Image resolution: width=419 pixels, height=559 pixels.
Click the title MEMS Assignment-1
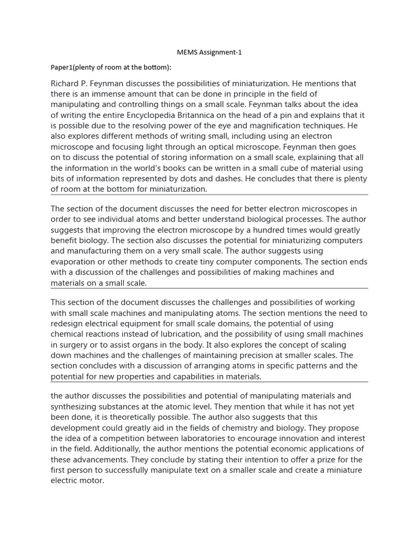pyautogui.click(x=209, y=52)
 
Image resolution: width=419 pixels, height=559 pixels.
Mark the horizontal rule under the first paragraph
pyautogui.click(x=209, y=195)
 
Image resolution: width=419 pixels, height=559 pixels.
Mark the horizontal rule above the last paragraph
pyautogui.click(x=209, y=382)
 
